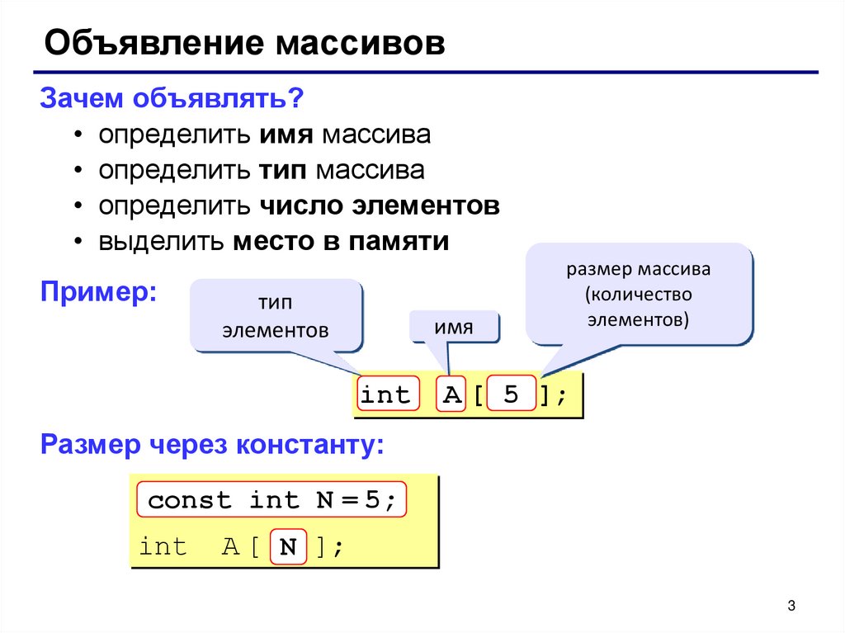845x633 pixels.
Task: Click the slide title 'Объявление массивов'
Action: (x=244, y=44)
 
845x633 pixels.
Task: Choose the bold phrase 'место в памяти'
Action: (x=341, y=242)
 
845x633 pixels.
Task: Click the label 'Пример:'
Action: (x=100, y=292)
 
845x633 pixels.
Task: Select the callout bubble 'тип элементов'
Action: (x=276, y=316)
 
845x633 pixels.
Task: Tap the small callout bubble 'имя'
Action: (x=455, y=328)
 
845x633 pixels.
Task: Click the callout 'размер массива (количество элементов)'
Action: (x=639, y=295)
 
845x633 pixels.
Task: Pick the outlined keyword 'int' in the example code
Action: (x=385, y=395)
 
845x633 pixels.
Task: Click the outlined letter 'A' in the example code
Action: (x=451, y=395)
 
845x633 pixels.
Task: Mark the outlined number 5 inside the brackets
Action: (x=512, y=395)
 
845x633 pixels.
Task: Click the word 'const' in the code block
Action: (x=190, y=500)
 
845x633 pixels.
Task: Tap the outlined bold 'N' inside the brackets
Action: (x=287, y=546)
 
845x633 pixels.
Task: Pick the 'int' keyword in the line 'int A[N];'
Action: (x=163, y=546)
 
